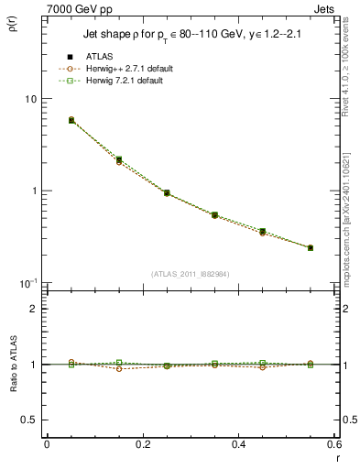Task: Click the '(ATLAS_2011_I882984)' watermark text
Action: click(x=191, y=273)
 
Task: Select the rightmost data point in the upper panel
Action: click(x=311, y=247)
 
